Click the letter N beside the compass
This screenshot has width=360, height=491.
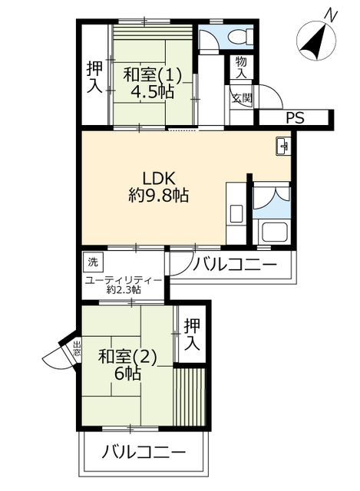click(331, 15)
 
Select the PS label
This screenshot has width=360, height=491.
click(295, 117)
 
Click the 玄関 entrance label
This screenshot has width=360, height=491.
click(242, 99)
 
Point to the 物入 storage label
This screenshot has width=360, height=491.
click(241, 68)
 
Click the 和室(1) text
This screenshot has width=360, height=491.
click(152, 76)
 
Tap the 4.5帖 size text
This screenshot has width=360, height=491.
click(152, 92)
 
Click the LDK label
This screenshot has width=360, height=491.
click(159, 179)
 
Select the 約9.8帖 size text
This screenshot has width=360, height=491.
click(158, 196)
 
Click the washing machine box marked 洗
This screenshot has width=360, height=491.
click(92, 262)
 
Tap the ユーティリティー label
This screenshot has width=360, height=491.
click(124, 280)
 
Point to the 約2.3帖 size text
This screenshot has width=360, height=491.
click(123, 290)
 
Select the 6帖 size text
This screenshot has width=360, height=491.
click(127, 374)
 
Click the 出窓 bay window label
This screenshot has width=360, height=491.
click(77, 348)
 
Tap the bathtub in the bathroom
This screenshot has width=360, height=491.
click(275, 232)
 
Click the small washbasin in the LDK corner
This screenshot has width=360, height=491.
click(283, 146)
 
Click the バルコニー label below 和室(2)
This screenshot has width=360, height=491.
click(144, 452)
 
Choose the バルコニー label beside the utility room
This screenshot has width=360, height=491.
click(235, 265)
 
